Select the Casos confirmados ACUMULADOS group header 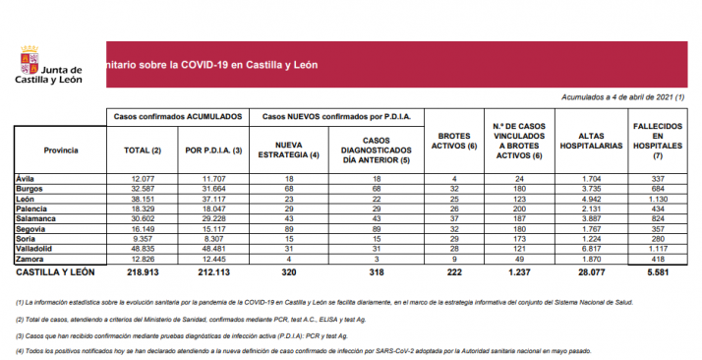click(x=177, y=116)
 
